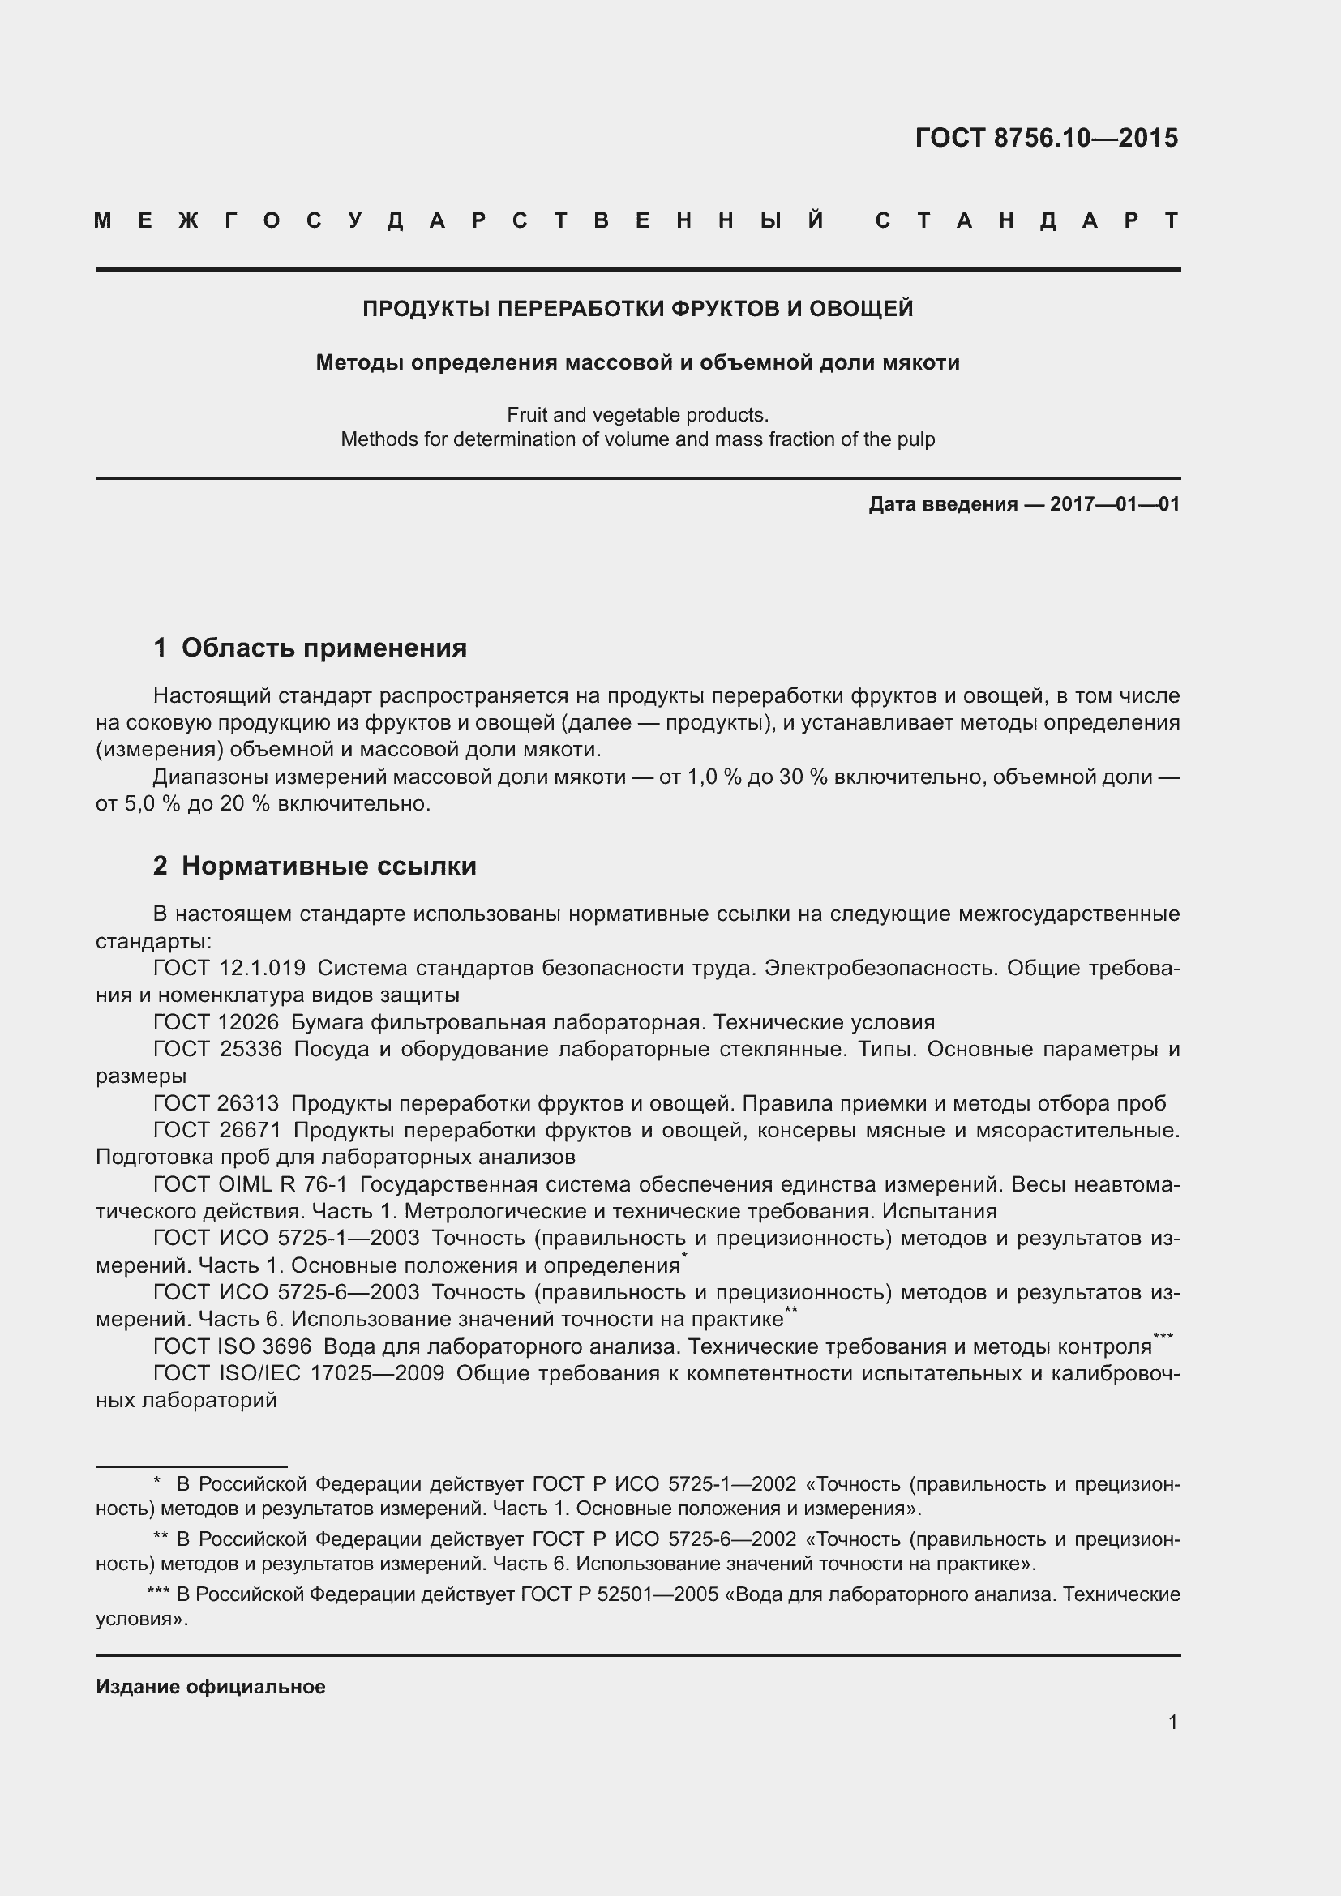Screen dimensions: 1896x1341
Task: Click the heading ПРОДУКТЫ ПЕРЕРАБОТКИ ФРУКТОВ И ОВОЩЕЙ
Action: [x=637, y=309]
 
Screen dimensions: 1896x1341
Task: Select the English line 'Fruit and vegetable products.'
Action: [x=637, y=414]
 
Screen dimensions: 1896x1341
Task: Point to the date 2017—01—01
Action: [x=1114, y=503]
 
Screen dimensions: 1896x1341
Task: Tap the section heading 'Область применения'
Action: [x=323, y=648]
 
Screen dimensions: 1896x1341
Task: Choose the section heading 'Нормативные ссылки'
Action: [x=328, y=867]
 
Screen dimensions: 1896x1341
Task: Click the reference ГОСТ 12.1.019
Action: [x=229, y=968]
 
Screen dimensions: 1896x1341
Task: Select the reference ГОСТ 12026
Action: [x=216, y=1022]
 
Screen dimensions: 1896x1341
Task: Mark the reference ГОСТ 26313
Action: [x=216, y=1103]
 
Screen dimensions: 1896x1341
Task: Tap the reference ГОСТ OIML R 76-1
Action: [x=251, y=1185]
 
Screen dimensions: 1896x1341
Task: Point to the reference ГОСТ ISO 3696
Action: [x=232, y=1347]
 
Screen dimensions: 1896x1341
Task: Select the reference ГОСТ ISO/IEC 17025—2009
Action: [x=299, y=1374]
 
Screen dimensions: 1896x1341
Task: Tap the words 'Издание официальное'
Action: [x=211, y=1687]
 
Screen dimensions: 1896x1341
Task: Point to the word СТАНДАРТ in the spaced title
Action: [x=1027, y=220]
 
